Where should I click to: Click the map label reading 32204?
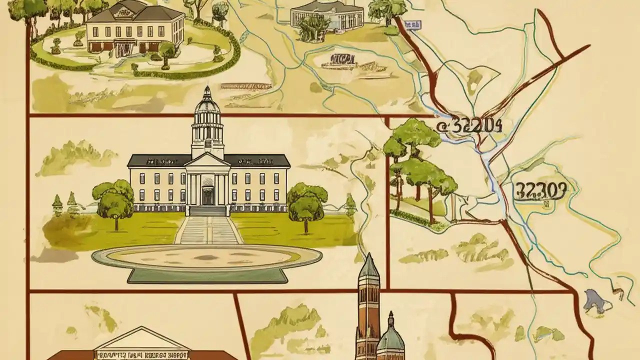pos(469,126)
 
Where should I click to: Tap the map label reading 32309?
pos(540,191)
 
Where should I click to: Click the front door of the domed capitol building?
pos(208,195)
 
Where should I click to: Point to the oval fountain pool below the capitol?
pos(206,257)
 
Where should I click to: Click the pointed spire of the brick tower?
pos(369,265)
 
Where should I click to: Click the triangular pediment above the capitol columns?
pos(208,160)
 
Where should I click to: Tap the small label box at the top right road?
pos(412,24)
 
